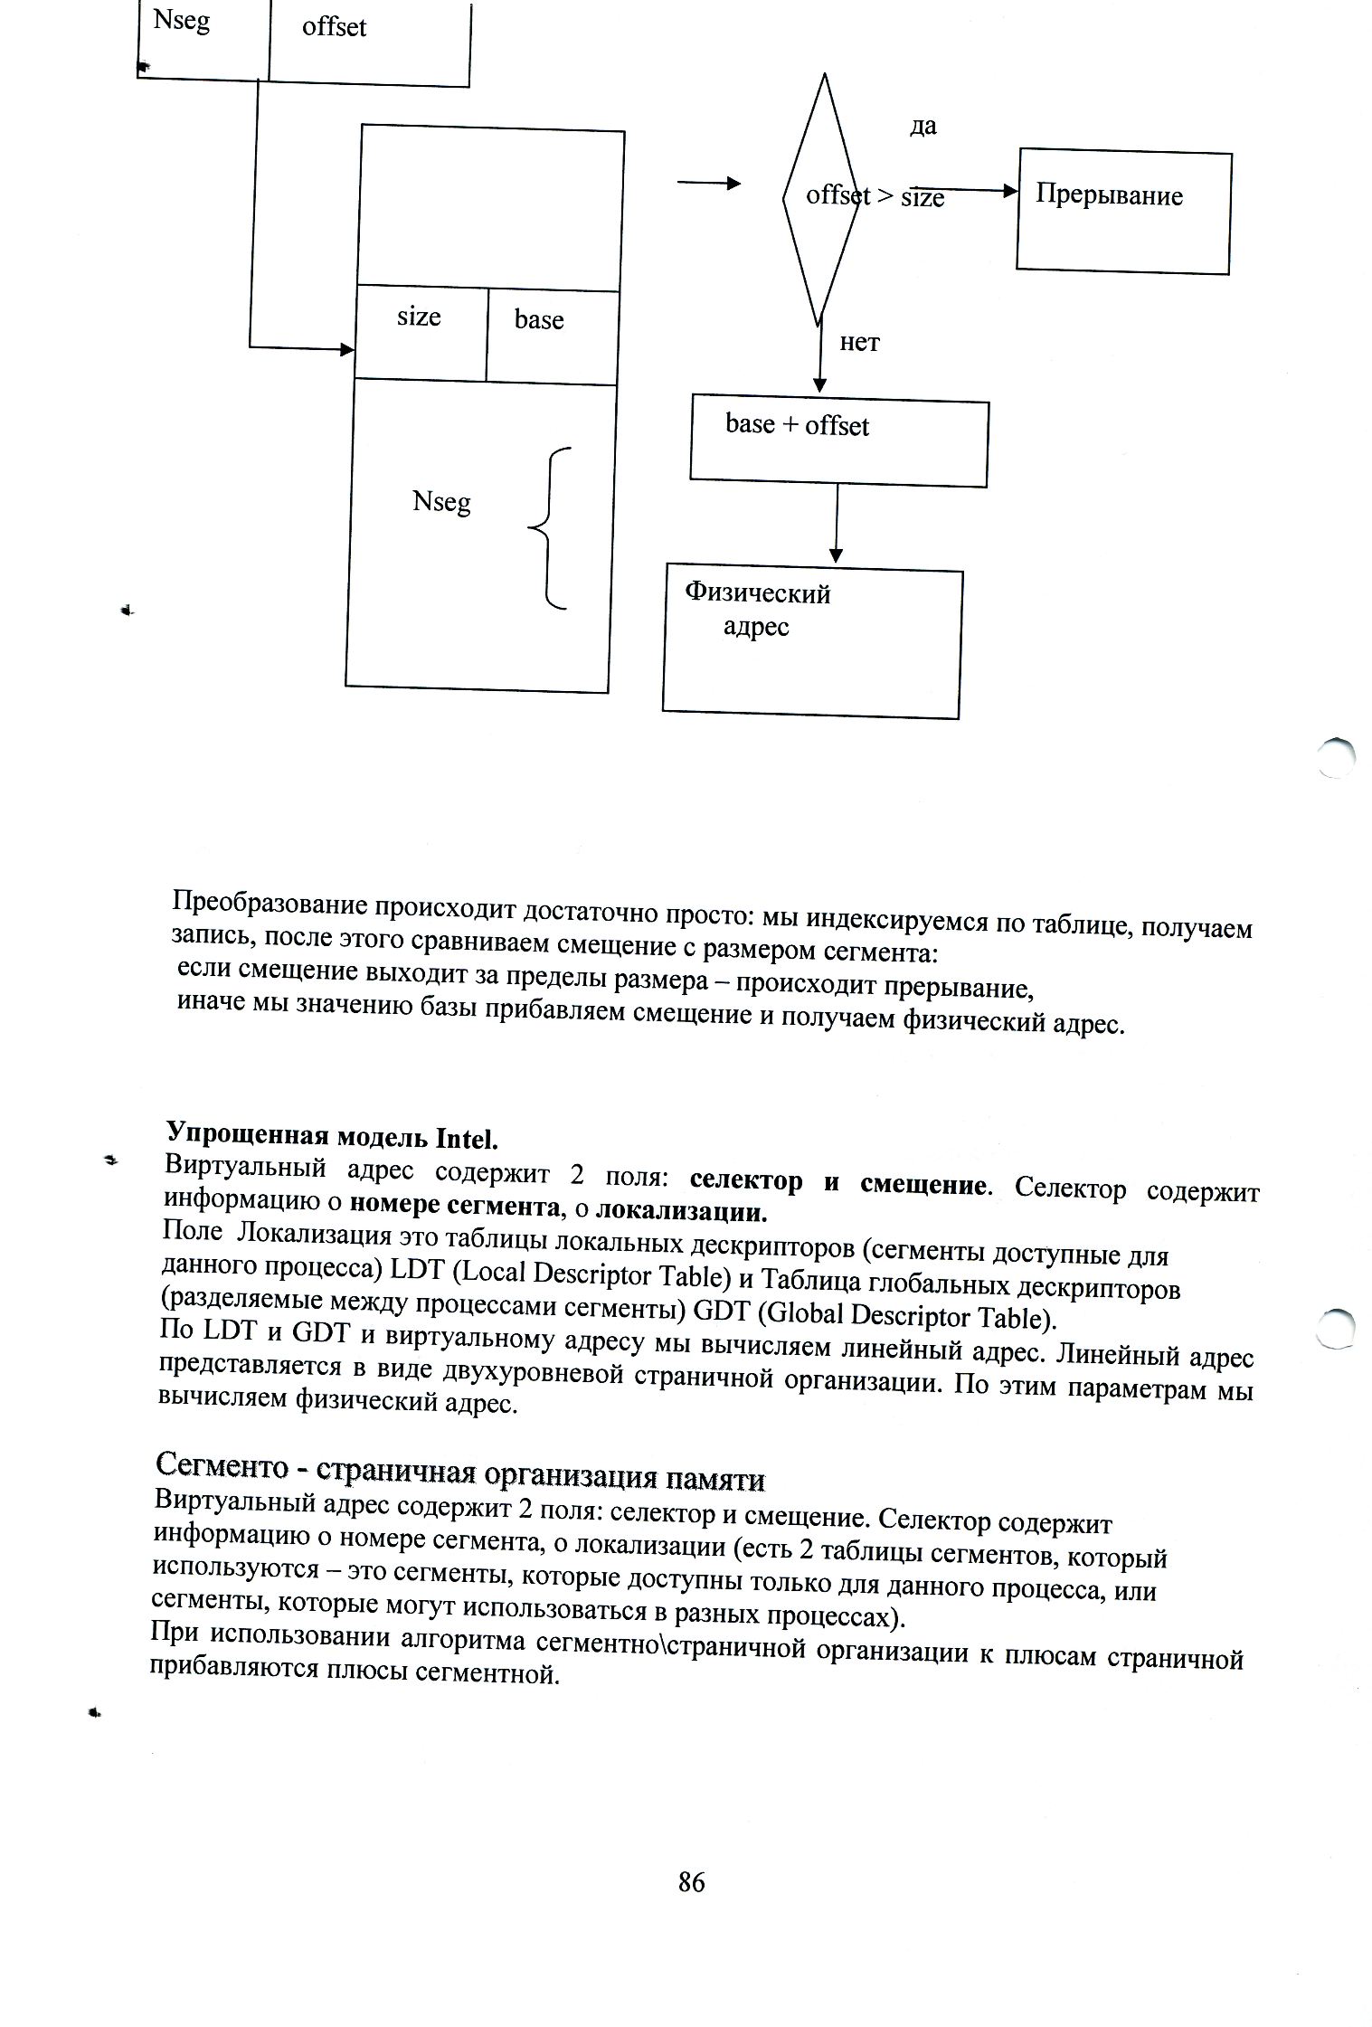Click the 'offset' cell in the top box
(x=369, y=40)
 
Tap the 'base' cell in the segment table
(x=552, y=335)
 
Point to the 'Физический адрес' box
(x=811, y=643)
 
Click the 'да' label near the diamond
(x=923, y=127)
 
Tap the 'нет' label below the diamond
(x=859, y=343)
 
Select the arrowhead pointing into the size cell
(x=346, y=349)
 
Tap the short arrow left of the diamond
(x=708, y=185)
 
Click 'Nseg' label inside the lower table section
(x=441, y=502)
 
